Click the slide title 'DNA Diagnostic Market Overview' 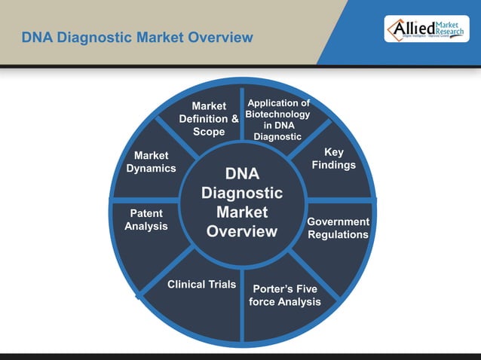[x=136, y=37]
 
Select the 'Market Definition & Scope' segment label [x=209, y=119]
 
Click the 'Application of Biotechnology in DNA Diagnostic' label [x=278, y=120]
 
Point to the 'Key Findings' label [x=334, y=158]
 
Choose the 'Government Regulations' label [x=339, y=228]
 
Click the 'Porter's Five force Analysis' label [x=285, y=295]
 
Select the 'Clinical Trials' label [x=201, y=285]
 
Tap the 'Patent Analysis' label [x=146, y=220]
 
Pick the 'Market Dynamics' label [x=151, y=162]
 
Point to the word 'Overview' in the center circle [x=242, y=231]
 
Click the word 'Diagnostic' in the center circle [x=242, y=193]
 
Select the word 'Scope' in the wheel [x=209, y=132]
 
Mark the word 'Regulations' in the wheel [x=339, y=235]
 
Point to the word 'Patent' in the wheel [x=146, y=214]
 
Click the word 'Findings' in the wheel [x=334, y=165]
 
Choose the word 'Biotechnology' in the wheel [x=278, y=114]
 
